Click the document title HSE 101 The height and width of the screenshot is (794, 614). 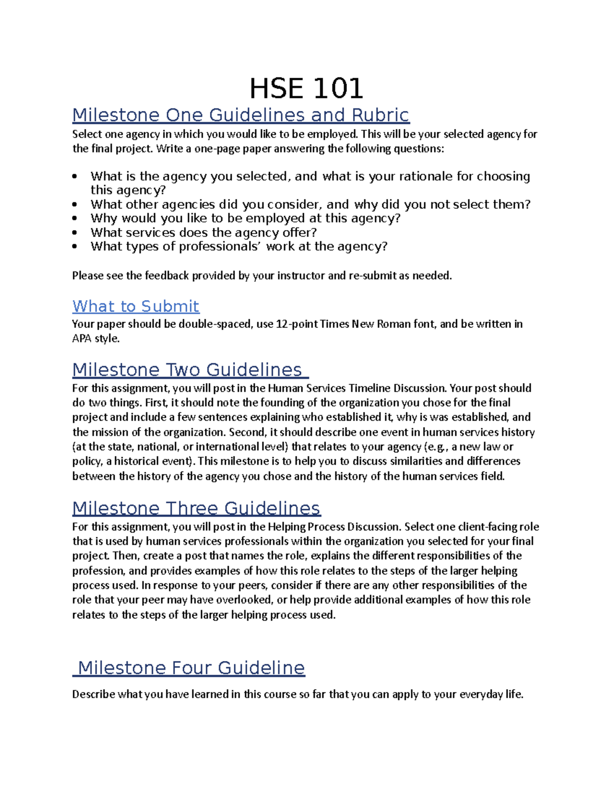[306, 88]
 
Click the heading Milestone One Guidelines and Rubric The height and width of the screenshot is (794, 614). [240, 115]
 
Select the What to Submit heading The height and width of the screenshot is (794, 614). [136, 306]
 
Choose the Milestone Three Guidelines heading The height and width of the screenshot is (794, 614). [196, 508]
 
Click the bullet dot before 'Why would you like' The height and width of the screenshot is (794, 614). [75, 218]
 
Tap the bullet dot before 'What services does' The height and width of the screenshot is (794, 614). [75, 233]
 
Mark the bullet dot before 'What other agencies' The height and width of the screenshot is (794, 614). [75, 205]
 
